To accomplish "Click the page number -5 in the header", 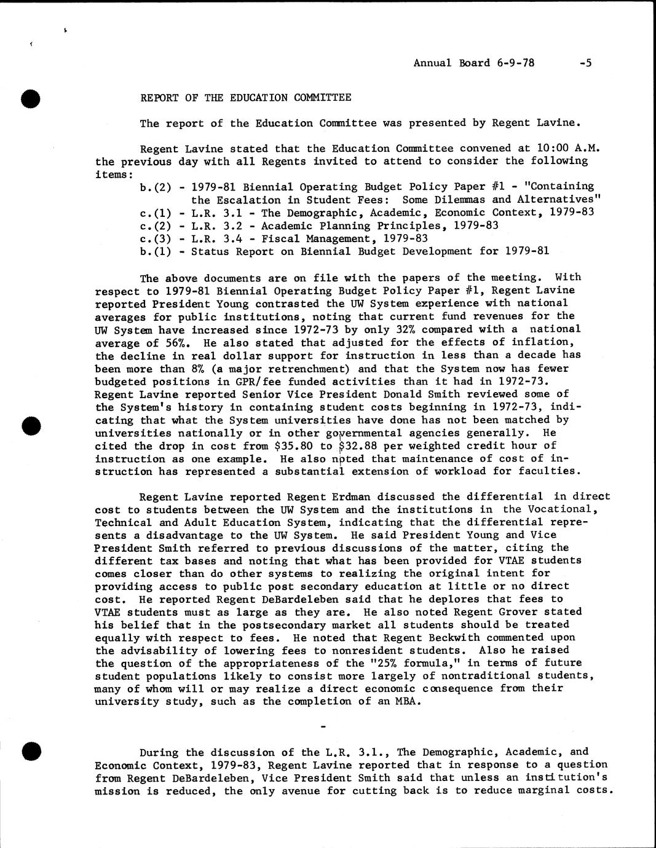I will point(585,63).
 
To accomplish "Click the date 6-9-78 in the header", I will point(515,63).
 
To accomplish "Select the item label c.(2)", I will point(156,226).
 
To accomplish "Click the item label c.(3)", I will point(156,238).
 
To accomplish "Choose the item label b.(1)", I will point(156,251).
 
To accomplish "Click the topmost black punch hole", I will point(30,98).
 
